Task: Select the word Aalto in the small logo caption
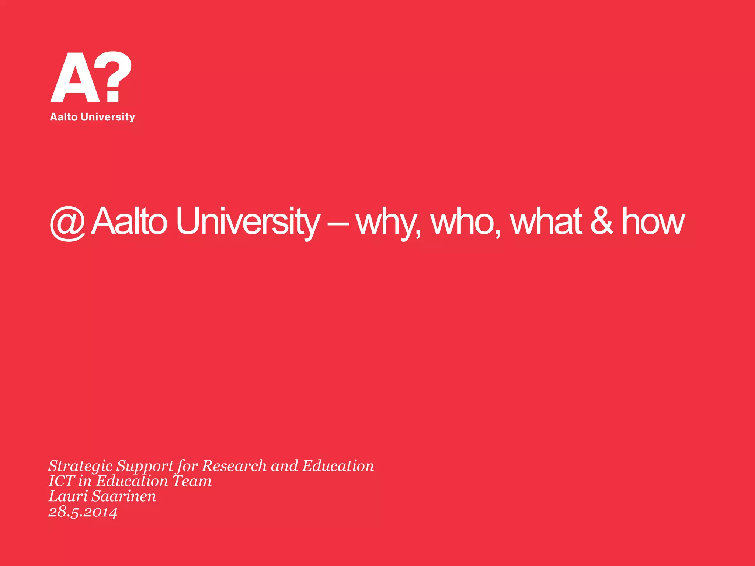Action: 63,117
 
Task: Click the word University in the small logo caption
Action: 108,117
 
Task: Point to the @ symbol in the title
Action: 67,223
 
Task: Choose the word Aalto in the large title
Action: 129,221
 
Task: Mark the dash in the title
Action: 338,223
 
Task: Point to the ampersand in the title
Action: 602,221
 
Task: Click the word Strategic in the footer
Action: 80,467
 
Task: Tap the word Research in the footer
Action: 234,466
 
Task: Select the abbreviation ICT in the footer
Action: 62,481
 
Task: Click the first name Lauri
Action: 68,496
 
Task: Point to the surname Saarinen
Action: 124,496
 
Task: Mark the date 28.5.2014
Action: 83,512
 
